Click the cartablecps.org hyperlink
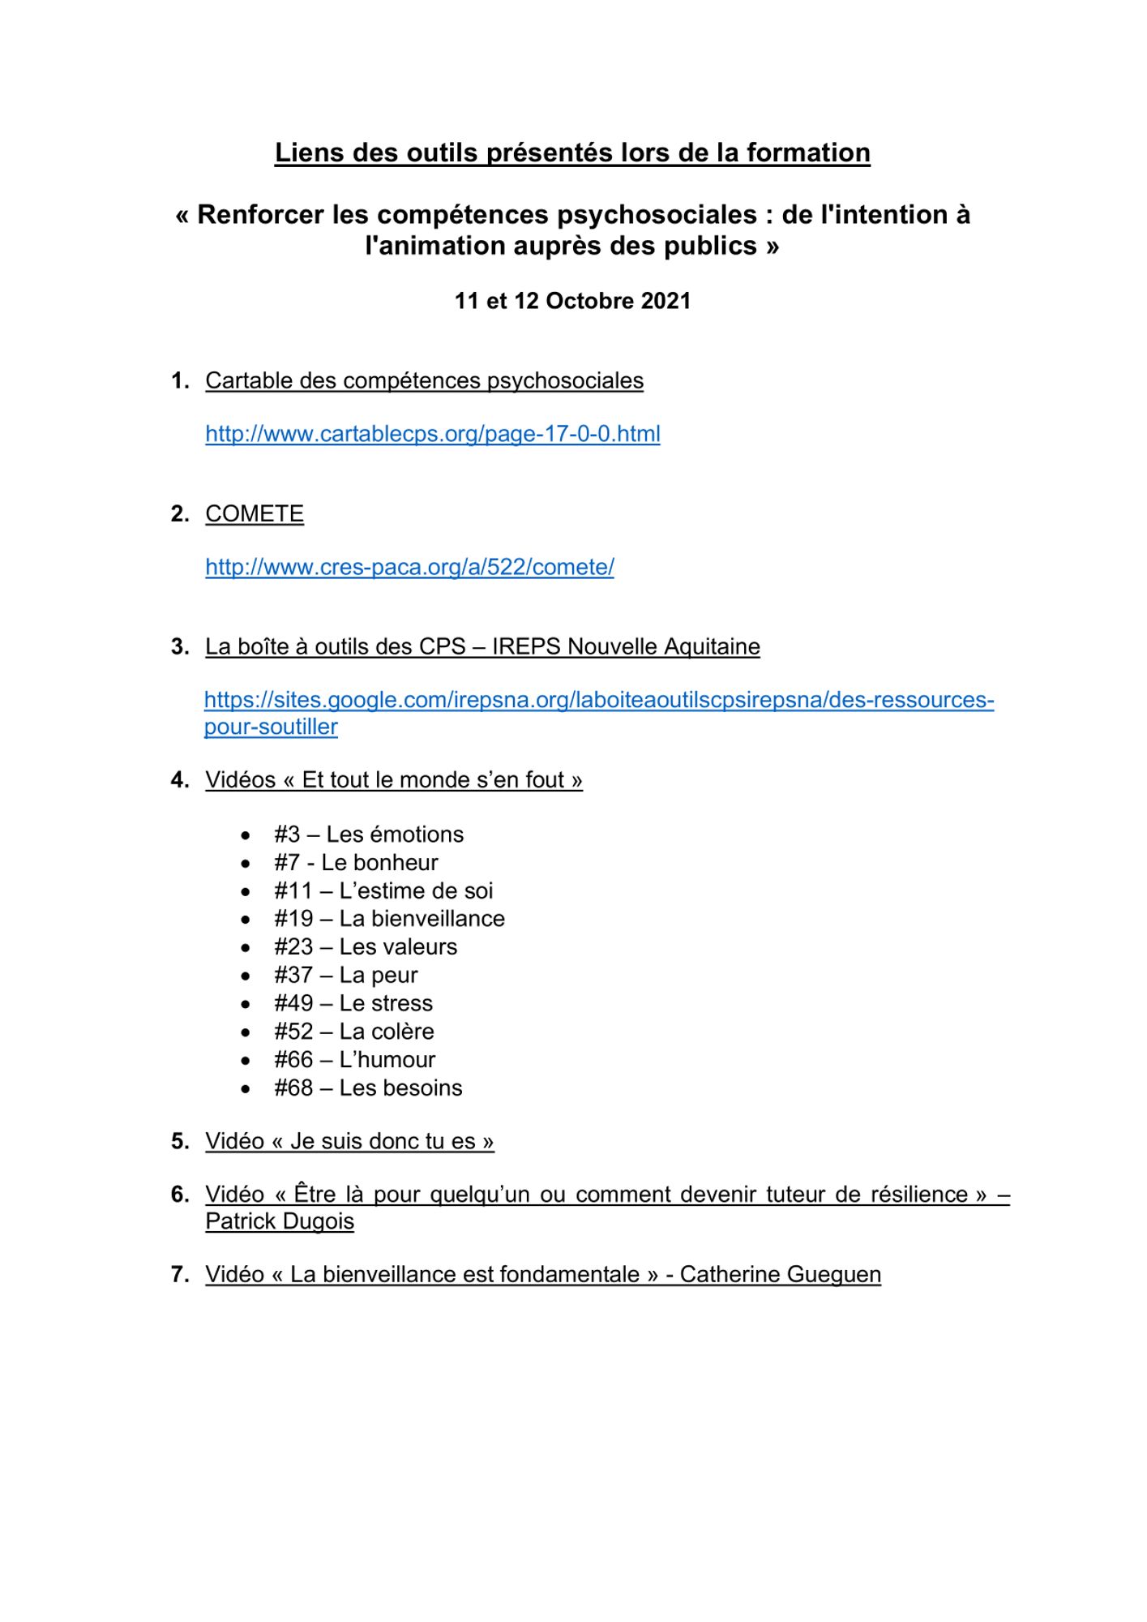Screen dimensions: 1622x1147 [x=432, y=434]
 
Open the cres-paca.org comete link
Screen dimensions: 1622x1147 [x=409, y=567]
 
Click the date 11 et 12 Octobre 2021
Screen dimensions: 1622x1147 [x=572, y=301]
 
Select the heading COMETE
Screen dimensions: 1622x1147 [x=255, y=513]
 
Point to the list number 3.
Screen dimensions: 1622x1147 [x=179, y=646]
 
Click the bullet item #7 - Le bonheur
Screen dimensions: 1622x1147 [x=356, y=862]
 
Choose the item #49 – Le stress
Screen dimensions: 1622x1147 [x=353, y=1003]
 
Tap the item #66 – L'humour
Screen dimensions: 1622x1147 [x=354, y=1059]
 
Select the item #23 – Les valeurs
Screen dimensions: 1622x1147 [x=366, y=946]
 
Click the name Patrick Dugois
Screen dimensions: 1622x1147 [x=280, y=1221]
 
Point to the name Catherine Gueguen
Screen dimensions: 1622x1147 [x=780, y=1274]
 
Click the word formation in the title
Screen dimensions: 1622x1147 [x=808, y=152]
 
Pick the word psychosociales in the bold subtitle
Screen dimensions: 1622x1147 [x=657, y=214]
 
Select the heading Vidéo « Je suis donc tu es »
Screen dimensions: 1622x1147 [x=349, y=1141]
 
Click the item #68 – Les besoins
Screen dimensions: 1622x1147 [x=368, y=1088]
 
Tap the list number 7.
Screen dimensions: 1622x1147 [x=179, y=1274]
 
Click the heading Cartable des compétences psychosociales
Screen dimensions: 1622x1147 [x=424, y=380]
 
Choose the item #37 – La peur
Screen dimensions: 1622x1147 [x=346, y=975]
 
